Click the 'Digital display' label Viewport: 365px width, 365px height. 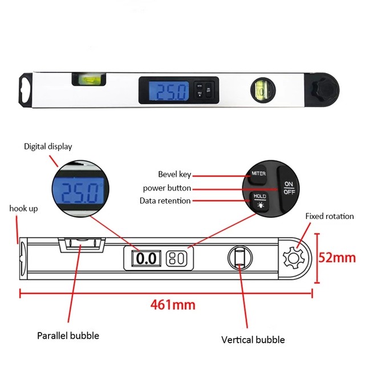pyautogui.click(x=48, y=147)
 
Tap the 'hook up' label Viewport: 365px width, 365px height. pyautogui.click(x=24, y=209)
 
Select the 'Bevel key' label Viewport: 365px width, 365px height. pyautogui.click(x=175, y=174)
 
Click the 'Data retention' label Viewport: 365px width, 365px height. pyautogui.click(x=165, y=201)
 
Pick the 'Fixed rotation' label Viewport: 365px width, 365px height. pyautogui.click(x=330, y=216)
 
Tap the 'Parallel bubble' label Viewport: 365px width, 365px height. pyautogui.click(x=68, y=335)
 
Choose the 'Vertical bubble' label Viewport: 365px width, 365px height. pyautogui.click(x=253, y=340)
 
